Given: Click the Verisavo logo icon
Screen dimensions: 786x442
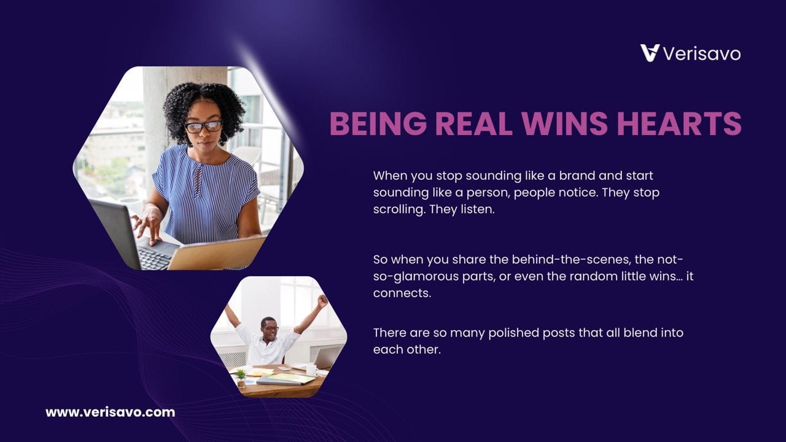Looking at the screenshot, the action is click(650, 53).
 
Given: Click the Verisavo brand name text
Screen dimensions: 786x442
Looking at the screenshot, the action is click(702, 54).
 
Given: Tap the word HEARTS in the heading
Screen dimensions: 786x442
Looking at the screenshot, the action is click(679, 123).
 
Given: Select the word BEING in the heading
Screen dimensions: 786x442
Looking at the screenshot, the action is click(378, 123).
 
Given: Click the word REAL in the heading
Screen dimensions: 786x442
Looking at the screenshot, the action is click(473, 123).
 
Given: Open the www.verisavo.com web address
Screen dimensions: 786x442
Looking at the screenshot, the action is click(110, 412).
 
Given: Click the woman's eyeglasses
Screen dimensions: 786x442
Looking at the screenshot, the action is click(203, 126).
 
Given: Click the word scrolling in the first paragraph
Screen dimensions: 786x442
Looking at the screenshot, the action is click(398, 210).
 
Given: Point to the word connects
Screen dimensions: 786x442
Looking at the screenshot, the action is click(402, 293).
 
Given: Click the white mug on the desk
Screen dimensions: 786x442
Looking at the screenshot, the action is click(311, 370).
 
